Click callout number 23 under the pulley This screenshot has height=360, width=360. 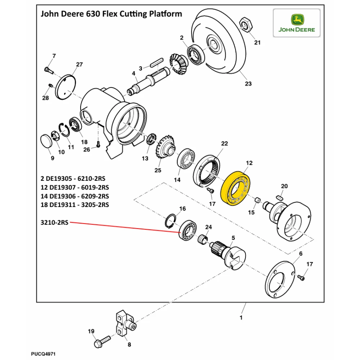click(248, 84)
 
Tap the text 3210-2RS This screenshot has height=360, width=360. click(54, 222)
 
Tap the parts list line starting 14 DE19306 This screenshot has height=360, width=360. click(75, 196)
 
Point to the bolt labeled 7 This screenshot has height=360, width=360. click(49, 69)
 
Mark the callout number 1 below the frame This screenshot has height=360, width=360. click(241, 318)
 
